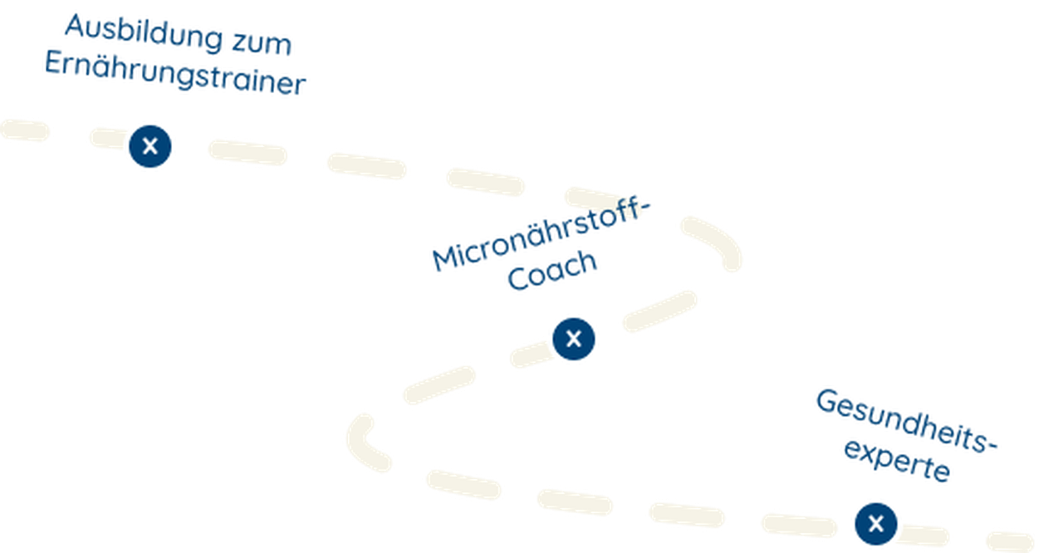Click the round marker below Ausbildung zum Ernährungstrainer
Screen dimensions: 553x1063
click(x=150, y=146)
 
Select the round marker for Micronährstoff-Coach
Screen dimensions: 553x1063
click(x=573, y=339)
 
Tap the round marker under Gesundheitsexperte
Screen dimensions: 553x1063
click(x=875, y=524)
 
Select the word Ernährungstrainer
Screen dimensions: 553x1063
click(x=175, y=74)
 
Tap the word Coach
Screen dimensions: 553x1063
click(x=551, y=272)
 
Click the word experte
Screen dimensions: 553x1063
click(x=897, y=460)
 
